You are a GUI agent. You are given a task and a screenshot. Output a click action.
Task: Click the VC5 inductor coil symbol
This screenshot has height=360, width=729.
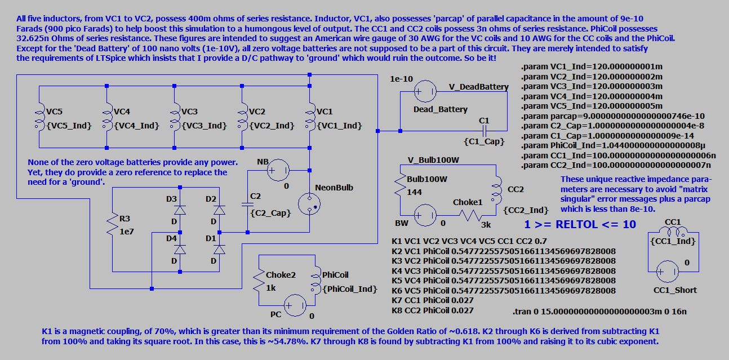(39, 115)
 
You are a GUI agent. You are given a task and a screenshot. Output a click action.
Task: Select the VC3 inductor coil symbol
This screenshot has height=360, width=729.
(175, 115)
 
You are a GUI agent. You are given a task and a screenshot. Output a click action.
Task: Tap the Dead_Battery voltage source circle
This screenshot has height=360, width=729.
(424, 91)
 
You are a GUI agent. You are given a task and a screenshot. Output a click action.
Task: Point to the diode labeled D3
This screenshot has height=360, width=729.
(180, 210)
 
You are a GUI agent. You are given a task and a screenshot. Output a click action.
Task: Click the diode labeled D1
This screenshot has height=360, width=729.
(219, 248)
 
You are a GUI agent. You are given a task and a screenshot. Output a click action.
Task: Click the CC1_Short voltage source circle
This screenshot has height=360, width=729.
(668, 270)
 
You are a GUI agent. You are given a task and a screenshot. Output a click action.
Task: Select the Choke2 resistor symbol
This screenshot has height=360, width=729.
(259, 280)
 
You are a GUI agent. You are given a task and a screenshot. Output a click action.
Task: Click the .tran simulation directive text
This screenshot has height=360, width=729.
(599, 312)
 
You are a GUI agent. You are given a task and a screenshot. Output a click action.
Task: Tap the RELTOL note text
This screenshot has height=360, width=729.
(580, 224)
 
